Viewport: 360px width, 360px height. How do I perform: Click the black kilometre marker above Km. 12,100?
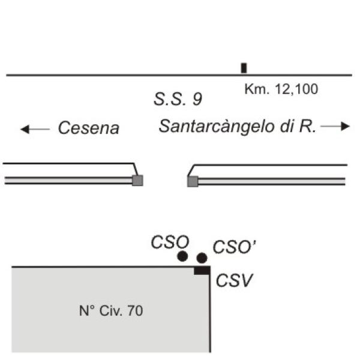pyautogui.click(x=244, y=68)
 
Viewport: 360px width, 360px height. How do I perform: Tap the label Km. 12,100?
pyautogui.click(x=281, y=89)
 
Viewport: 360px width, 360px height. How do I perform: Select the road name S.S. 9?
pyautogui.click(x=178, y=99)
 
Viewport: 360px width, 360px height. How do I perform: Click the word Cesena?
pyautogui.click(x=89, y=128)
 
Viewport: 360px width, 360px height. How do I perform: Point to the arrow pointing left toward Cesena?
pyautogui.click(x=35, y=129)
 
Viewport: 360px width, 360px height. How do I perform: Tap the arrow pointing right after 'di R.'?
pyautogui.click(x=335, y=126)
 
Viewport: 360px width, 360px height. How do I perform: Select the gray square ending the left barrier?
pyautogui.click(x=137, y=181)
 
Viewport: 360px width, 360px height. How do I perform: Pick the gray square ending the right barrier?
pyautogui.click(x=193, y=182)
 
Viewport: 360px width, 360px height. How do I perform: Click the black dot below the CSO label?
pyautogui.click(x=182, y=256)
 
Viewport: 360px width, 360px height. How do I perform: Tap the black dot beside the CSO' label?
pyautogui.click(x=202, y=258)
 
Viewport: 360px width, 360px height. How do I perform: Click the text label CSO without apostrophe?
pyautogui.click(x=170, y=242)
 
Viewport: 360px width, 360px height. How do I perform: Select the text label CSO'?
pyautogui.click(x=234, y=247)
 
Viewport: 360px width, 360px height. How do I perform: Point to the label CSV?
pyautogui.click(x=234, y=280)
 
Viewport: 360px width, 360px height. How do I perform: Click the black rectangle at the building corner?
pyautogui.click(x=202, y=270)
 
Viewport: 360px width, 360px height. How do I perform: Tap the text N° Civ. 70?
pyautogui.click(x=111, y=311)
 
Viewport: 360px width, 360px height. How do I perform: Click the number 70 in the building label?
pyautogui.click(x=135, y=311)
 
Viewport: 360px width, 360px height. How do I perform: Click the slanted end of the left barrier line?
pyautogui.click(x=136, y=169)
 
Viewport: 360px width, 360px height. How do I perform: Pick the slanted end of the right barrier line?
pyautogui.click(x=191, y=170)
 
